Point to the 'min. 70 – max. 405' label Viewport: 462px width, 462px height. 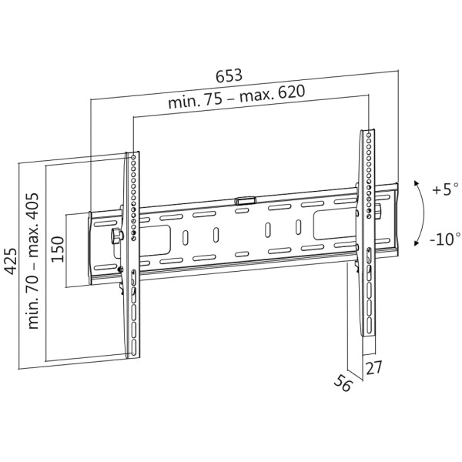(x=34, y=259)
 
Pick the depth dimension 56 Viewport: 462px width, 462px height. (x=343, y=383)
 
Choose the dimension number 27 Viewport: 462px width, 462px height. (x=373, y=368)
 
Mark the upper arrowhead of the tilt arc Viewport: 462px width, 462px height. (x=417, y=182)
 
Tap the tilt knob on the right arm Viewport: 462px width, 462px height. (x=378, y=210)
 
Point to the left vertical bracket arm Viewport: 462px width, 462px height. (x=132, y=254)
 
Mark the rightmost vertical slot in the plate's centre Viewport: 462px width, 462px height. (x=296, y=229)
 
